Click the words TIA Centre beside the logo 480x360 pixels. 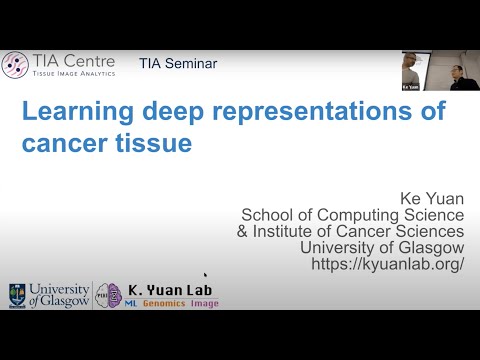70,61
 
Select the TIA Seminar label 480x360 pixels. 178,64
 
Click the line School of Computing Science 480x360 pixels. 353,213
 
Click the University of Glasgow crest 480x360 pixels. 16,294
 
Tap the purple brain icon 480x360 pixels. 112,295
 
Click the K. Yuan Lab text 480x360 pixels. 170,289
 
